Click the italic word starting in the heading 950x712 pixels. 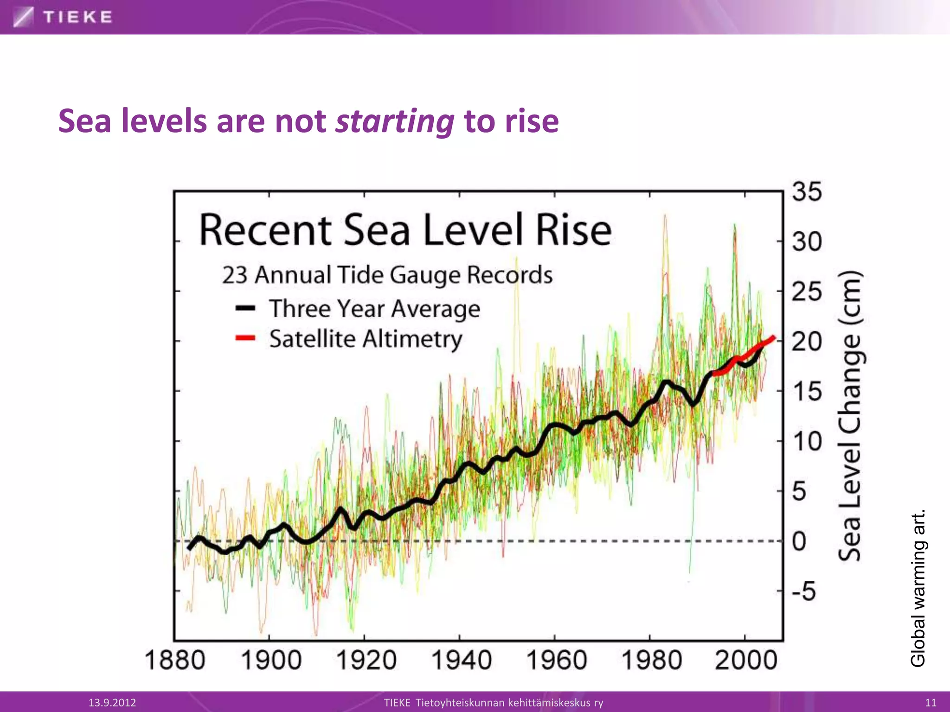coord(395,121)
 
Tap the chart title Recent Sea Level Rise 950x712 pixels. coord(405,230)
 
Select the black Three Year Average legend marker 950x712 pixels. coord(245,308)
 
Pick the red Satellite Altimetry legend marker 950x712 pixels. coord(245,338)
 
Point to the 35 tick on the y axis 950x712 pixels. coord(807,192)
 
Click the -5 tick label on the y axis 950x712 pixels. coord(804,591)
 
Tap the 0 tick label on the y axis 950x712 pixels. coord(799,541)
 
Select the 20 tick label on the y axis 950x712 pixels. coord(807,342)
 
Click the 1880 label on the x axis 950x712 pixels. coord(174,660)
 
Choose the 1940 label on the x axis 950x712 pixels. coord(461,660)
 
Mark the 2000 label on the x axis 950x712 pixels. coord(746,660)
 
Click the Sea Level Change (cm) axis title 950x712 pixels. coord(850,415)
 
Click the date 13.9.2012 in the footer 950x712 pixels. coord(112,702)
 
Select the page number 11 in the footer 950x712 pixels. coord(931,702)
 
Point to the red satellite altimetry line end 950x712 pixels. coord(773,338)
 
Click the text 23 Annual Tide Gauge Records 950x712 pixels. coord(387,275)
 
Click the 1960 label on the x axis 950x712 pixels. coord(556,660)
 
